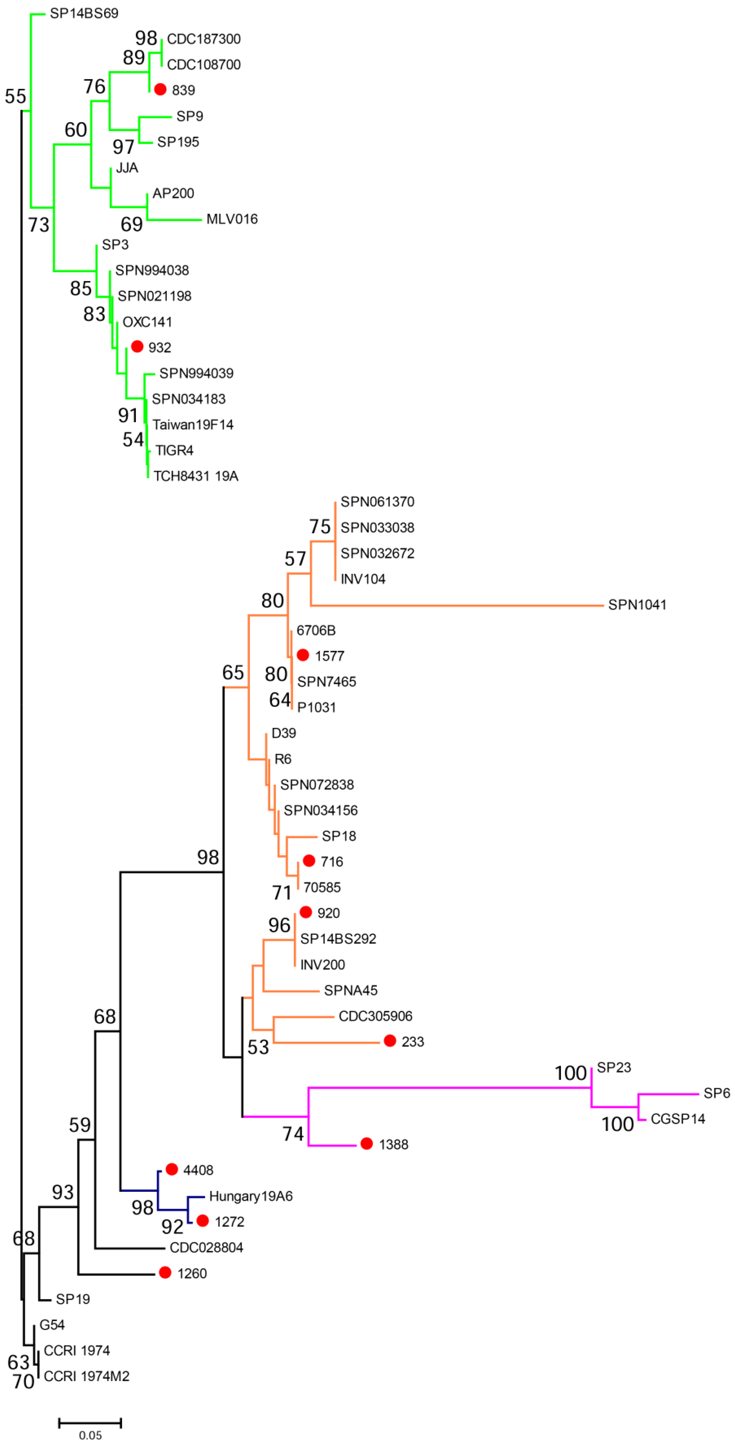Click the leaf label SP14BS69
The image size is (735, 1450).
84,13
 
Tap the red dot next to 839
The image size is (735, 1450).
160,89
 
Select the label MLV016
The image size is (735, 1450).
232,219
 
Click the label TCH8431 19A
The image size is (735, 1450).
196,476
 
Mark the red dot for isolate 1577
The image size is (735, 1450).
303,655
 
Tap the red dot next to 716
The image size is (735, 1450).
308,861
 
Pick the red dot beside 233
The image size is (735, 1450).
389,1041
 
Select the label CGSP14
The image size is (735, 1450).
677,1119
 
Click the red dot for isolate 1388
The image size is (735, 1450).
366,1143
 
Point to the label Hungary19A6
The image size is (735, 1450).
251,1196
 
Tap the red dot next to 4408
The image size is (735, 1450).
172,1169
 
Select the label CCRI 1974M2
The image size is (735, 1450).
87,1376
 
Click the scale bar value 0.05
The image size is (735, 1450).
90,1435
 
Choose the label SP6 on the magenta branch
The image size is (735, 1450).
716,1093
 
